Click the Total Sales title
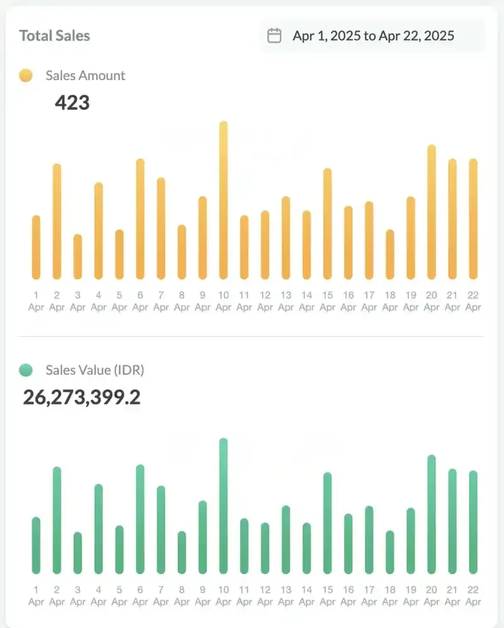pyautogui.click(x=55, y=35)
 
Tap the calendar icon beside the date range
pyautogui.click(x=274, y=35)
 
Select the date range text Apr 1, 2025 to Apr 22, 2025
pyautogui.click(x=373, y=35)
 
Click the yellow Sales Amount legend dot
pyautogui.click(x=26, y=76)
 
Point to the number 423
pyautogui.click(x=72, y=102)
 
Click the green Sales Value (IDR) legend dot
pyautogui.click(x=26, y=370)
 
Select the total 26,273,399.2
pyautogui.click(x=82, y=397)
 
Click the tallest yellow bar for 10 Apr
pyautogui.click(x=223, y=200)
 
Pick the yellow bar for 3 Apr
pyautogui.click(x=77, y=256)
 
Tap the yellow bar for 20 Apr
pyautogui.click(x=432, y=212)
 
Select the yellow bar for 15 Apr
pyautogui.click(x=328, y=224)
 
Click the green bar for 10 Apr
pyautogui.click(x=223, y=506)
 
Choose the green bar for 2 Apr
pyautogui.click(x=57, y=520)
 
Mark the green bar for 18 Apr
pyautogui.click(x=390, y=552)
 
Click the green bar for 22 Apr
pyautogui.click(x=473, y=522)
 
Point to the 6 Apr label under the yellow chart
pyautogui.click(x=140, y=301)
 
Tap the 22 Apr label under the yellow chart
pyautogui.click(x=473, y=301)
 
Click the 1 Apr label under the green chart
pyautogui.click(x=36, y=596)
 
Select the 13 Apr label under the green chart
pyautogui.click(x=286, y=596)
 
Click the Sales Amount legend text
pyautogui.click(x=85, y=76)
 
